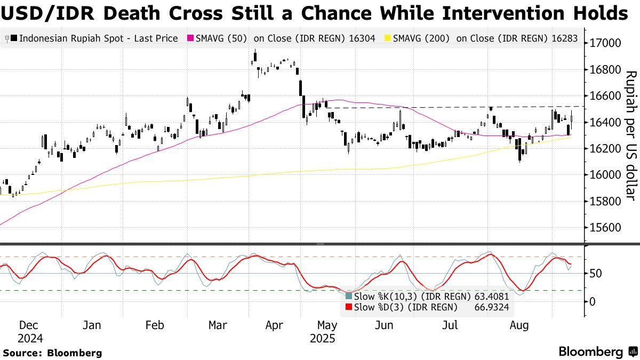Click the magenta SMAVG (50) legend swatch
189,38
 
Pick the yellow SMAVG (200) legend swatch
387,38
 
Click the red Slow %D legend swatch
349,307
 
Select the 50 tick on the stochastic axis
596,274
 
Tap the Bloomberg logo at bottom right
597,351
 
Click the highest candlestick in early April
255,55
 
